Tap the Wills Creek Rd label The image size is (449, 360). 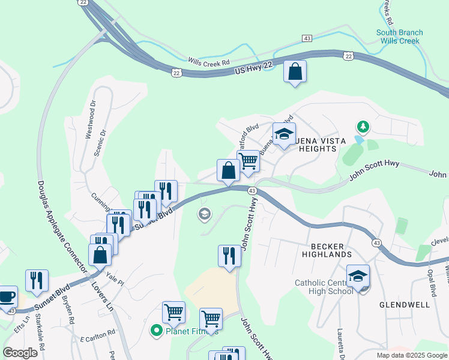(209, 62)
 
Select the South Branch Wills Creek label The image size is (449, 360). (399, 37)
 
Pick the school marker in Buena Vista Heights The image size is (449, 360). (284, 134)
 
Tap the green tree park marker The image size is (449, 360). (362, 127)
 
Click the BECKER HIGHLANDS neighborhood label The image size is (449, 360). (331, 250)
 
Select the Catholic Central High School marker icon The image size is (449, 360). (358, 277)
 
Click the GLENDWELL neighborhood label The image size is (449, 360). (405, 305)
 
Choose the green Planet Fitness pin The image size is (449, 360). (157, 330)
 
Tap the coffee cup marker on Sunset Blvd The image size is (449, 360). (7, 297)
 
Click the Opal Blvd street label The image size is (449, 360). (432, 282)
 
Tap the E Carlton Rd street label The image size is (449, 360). (96, 334)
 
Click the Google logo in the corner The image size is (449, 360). (20, 353)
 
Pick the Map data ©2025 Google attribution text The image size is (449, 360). (411, 355)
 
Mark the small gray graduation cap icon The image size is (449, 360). (204, 214)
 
